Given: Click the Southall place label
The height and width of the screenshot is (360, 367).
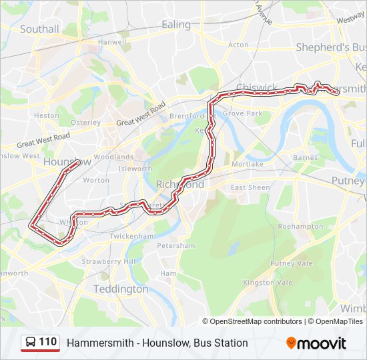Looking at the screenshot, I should (x=39, y=29).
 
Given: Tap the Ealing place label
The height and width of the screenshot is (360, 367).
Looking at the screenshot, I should (x=176, y=24).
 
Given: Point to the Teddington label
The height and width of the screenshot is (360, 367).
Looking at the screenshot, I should (x=121, y=289).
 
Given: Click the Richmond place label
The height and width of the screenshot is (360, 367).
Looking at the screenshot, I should (x=179, y=185).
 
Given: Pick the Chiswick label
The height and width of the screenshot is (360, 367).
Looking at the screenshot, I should (x=256, y=87).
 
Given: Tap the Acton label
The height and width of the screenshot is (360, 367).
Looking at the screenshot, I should (x=238, y=45).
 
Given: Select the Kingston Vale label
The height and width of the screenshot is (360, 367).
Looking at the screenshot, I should (x=268, y=283).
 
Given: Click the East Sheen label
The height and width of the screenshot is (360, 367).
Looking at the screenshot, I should (x=250, y=188).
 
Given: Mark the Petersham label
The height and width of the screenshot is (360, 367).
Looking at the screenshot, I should (x=176, y=246).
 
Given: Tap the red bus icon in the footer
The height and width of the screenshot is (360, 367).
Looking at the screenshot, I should (x=31, y=343).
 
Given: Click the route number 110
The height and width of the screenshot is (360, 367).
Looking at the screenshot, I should (x=48, y=342).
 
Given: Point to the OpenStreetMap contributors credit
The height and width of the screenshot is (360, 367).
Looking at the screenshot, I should (x=256, y=321).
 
